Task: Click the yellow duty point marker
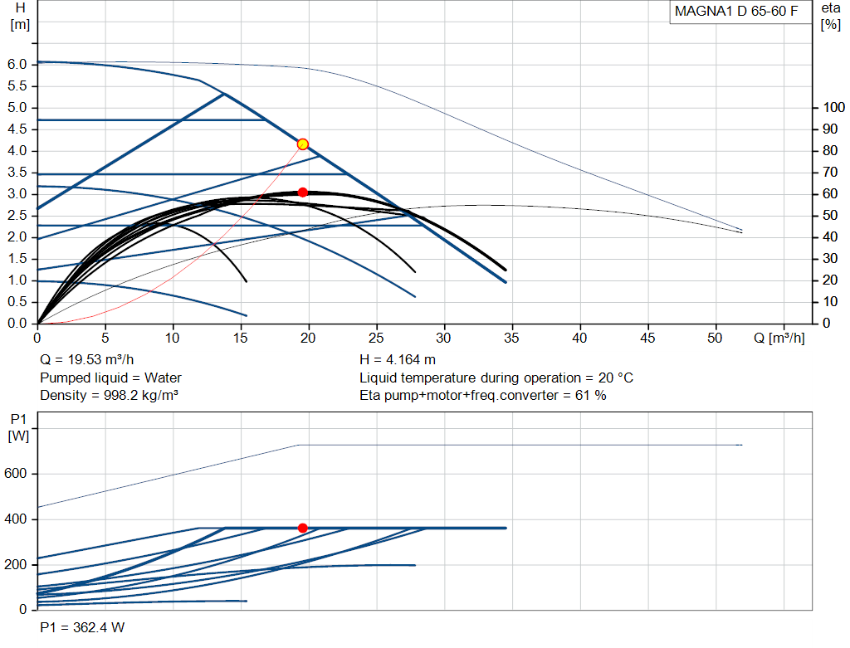coord(303,144)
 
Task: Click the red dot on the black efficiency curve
coord(303,192)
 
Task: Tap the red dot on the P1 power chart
coord(303,528)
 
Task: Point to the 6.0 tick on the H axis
coord(17,65)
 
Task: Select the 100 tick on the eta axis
coord(833,107)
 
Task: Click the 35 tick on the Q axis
coord(511,338)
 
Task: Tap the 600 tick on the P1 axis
coord(15,474)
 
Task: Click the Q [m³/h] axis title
coord(779,338)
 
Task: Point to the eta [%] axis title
coord(830,17)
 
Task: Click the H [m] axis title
coord(20,17)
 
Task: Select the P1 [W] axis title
coord(18,427)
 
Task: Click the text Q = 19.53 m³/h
coord(86,360)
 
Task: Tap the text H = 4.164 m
coord(398,360)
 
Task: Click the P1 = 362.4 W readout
coord(82,627)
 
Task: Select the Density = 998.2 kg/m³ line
coord(109,396)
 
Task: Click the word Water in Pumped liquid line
coord(163,378)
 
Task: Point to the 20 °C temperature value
coord(616,378)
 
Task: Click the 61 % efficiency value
coord(591,396)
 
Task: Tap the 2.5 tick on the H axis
coord(17,216)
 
